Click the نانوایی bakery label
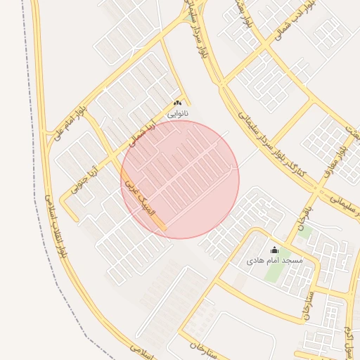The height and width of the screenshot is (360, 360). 177,112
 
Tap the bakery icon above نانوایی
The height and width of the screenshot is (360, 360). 177,103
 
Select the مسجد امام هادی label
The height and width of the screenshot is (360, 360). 274,260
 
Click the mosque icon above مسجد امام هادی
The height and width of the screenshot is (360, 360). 274,250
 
